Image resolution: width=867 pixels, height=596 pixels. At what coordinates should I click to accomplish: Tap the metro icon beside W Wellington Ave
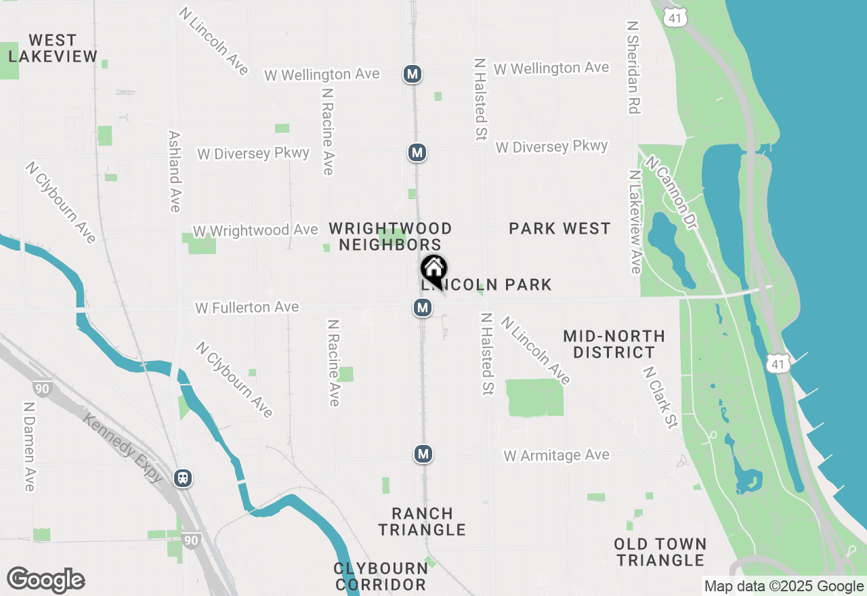click(x=413, y=74)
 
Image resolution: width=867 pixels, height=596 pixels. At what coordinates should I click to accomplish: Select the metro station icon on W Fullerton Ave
click(x=423, y=308)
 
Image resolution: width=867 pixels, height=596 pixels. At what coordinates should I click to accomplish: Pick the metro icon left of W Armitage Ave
click(x=423, y=454)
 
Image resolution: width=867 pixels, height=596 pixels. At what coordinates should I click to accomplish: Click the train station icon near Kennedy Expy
click(x=183, y=478)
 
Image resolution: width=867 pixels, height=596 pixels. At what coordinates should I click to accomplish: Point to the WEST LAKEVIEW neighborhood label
click(x=53, y=49)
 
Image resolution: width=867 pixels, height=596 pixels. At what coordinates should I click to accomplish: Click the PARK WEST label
click(x=559, y=229)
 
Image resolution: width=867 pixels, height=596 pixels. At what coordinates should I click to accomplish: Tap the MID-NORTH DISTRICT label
click(x=614, y=344)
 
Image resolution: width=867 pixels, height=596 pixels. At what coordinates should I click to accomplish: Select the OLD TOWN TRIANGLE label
click(x=660, y=552)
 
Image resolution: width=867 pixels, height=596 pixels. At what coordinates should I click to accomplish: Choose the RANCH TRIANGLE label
click(x=422, y=521)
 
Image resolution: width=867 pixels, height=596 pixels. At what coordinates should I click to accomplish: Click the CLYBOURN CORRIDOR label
click(x=381, y=576)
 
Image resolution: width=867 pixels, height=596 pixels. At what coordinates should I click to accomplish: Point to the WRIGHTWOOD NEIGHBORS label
click(x=390, y=236)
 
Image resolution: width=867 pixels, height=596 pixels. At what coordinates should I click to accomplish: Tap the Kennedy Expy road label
click(x=123, y=448)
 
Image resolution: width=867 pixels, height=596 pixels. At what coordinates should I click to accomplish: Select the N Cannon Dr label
click(x=671, y=193)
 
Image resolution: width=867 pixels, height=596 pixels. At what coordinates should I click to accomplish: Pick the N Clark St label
click(x=660, y=398)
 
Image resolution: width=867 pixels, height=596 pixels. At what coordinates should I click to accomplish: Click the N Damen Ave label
click(x=29, y=447)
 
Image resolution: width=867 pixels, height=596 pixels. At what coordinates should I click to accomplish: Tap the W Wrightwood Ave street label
click(x=255, y=231)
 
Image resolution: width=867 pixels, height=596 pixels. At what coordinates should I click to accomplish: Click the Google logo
click(x=45, y=580)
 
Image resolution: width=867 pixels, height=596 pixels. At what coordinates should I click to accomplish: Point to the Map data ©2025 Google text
click(x=784, y=587)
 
